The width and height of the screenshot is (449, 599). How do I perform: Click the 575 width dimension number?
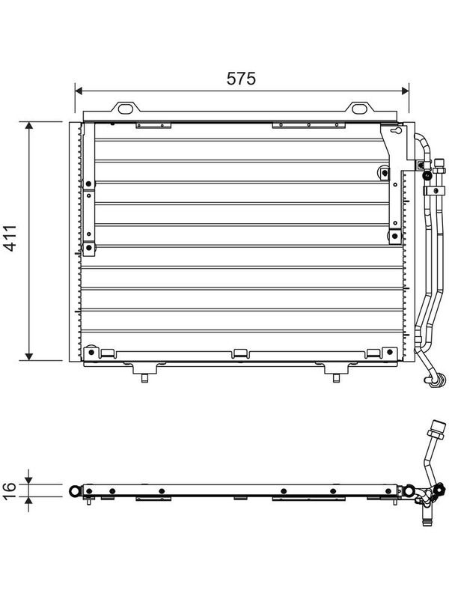(x=241, y=79)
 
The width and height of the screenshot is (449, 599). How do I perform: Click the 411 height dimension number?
(x=10, y=238)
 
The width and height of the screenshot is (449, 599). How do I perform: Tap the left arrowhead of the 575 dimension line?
(x=79, y=91)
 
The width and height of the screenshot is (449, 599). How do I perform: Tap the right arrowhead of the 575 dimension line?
(x=405, y=91)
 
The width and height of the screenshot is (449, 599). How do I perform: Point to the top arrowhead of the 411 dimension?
(x=29, y=125)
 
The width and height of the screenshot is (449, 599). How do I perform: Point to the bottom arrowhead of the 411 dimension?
(x=29, y=357)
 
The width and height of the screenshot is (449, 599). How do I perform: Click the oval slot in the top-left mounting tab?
(x=125, y=109)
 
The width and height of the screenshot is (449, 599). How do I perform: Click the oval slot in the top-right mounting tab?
(x=359, y=109)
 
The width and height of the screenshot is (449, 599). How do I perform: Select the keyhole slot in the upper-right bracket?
(x=397, y=131)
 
